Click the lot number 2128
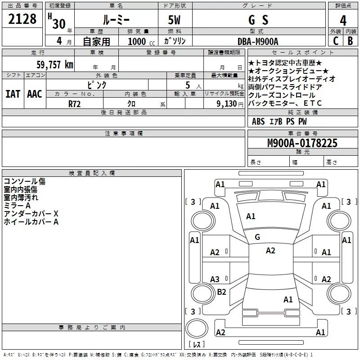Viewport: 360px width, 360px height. coord(22,19)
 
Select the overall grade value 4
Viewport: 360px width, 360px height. coord(343,21)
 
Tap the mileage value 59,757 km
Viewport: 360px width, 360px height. coord(55,65)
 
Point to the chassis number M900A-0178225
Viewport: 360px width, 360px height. coord(302,143)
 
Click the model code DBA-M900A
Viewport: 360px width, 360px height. coord(258,41)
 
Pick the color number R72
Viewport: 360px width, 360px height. coord(74,104)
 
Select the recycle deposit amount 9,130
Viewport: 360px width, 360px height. coord(227,104)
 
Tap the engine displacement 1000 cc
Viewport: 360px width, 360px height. coord(141,41)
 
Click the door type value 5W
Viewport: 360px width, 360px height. coord(174,20)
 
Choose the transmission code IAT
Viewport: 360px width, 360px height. coord(13,94)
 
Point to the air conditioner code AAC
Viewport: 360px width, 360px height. coord(35,94)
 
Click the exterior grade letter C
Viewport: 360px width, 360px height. coord(336,41)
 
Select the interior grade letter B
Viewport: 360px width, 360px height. coord(351,41)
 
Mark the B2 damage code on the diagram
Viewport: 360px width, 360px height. coord(221,292)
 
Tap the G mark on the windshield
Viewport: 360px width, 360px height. coord(257,237)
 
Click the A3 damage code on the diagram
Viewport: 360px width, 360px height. coord(215,279)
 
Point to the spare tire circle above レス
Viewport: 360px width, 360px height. coord(197,328)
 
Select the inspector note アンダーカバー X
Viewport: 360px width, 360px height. coord(31,214)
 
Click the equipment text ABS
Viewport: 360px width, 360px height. coord(258,121)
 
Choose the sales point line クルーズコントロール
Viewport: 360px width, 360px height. coord(282,95)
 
